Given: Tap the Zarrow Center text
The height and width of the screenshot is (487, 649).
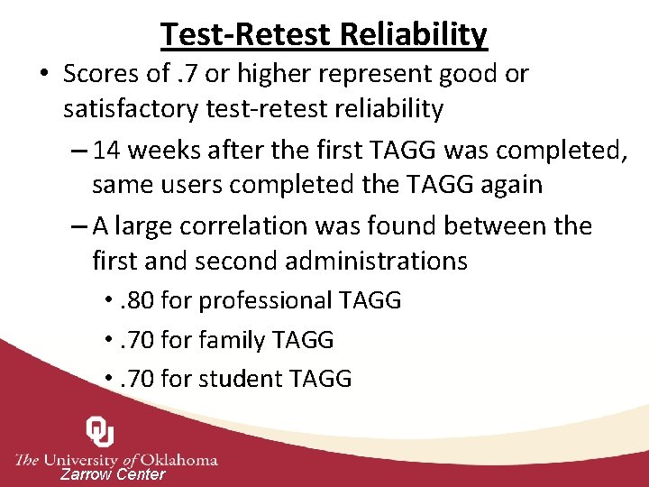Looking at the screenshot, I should coord(113,474).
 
